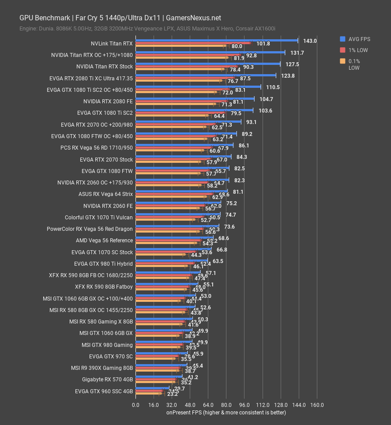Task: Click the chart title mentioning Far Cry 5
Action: [120, 18]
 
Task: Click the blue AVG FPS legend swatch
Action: [342, 39]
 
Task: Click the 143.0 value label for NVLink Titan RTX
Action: [310, 41]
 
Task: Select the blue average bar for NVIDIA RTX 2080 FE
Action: [195, 99]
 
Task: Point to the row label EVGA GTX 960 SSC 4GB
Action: [104, 391]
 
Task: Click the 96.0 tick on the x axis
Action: [244, 405]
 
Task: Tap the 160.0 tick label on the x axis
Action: [317, 405]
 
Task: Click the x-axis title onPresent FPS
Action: [226, 413]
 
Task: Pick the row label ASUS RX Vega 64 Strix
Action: [105, 194]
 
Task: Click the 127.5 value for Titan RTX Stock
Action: [292, 64]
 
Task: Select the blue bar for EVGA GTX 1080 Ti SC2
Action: [194, 110]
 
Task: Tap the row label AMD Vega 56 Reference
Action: [104, 241]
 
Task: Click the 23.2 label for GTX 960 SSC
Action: [166, 394]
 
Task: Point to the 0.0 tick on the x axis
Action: [135, 405]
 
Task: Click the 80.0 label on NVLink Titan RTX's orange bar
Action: [237, 46]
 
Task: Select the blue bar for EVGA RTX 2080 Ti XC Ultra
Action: [206, 75]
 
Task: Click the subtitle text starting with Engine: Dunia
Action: [147, 28]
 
